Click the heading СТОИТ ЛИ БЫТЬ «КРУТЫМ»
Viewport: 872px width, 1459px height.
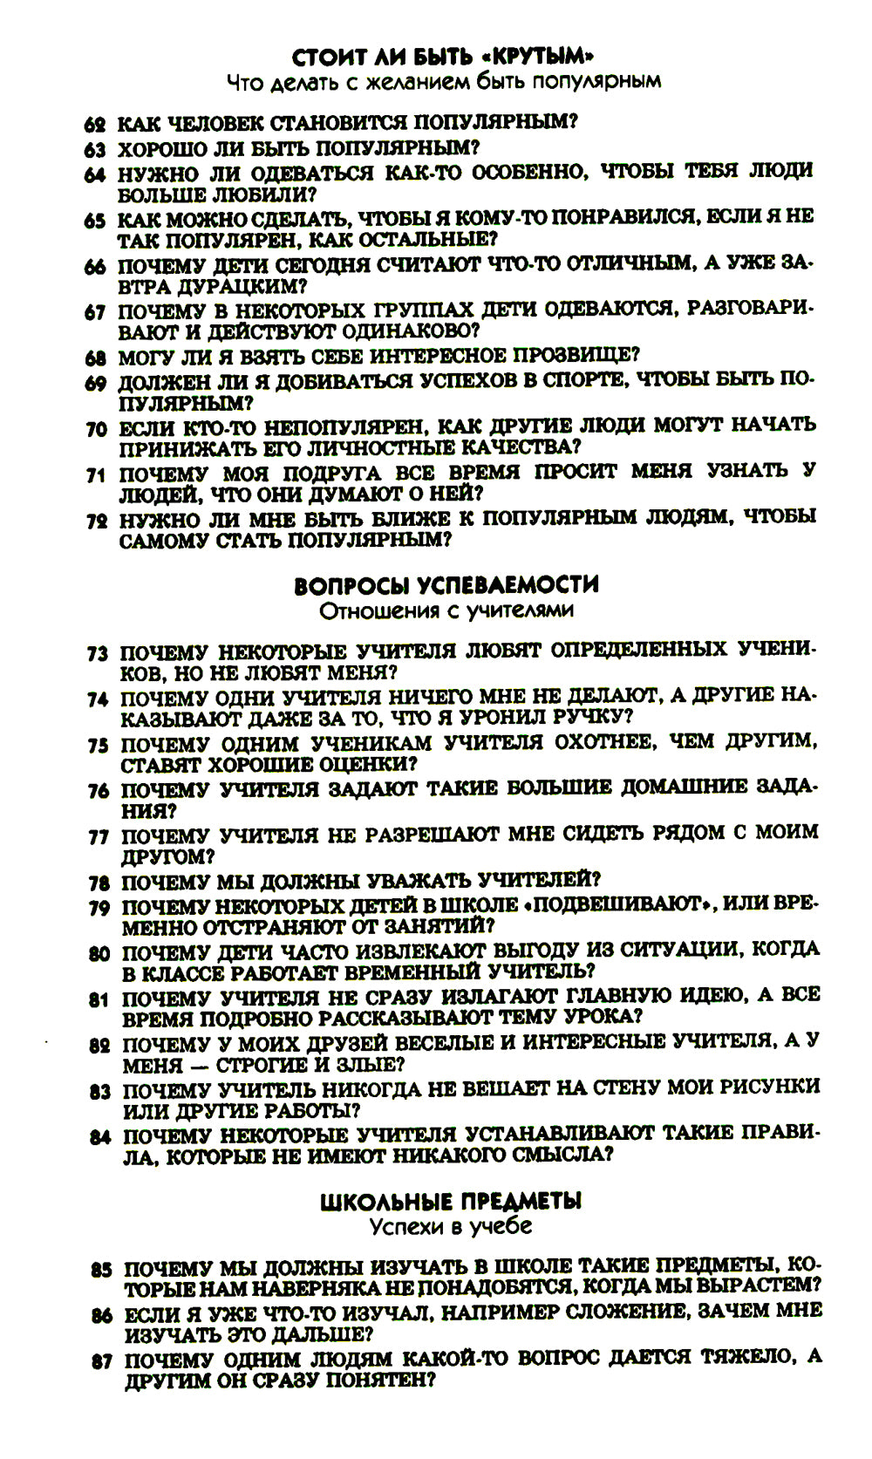click(x=444, y=58)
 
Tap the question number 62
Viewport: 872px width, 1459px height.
click(x=94, y=124)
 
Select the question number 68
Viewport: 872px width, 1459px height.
click(x=96, y=357)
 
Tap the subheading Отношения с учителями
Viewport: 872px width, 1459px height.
click(x=446, y=610)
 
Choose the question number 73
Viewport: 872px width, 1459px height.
click(x=98, y=653)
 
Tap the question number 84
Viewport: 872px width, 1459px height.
click(x=100, y=1135)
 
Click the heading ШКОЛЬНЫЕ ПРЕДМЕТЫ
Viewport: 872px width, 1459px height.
click(x=451, y=1202)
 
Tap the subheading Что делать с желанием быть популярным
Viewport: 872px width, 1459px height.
click(x=443, y=82)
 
